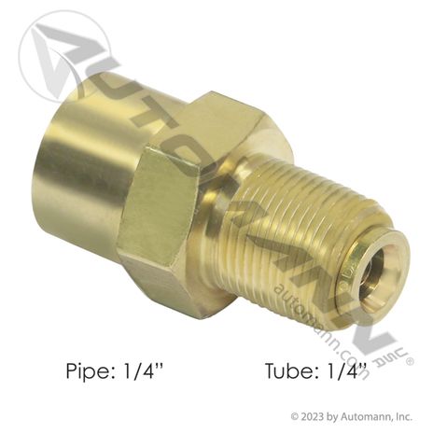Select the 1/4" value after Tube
click(342, 370)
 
